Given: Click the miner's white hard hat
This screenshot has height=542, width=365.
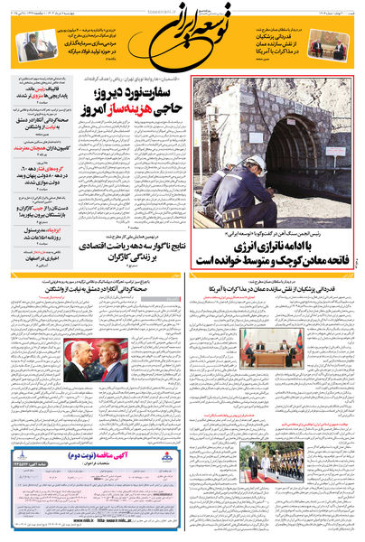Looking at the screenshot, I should (x=257, y=163).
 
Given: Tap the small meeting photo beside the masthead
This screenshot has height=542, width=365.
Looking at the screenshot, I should (x=326, y=47).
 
